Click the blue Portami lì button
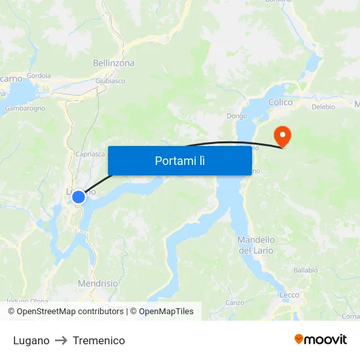click(179, 160)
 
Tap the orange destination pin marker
click(283, 137)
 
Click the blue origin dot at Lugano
click(79, 197)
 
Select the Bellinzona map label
click(114, 63)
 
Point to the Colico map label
click(281, 102)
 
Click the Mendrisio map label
click(98, 284)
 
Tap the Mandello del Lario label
click(256, 245)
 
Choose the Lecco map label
click(289, 295)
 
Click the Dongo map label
click(236, 116)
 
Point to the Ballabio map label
click(306, 270)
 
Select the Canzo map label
click(234, 302)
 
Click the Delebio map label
click(323, 107)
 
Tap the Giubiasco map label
click(110, 81)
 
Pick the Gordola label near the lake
click(39, 75)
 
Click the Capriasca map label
click(90, 154)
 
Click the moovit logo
click(321, 340)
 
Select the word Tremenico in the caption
click(99, 340)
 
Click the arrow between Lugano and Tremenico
click(61, 340)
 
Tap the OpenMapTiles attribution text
click(166, 312)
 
